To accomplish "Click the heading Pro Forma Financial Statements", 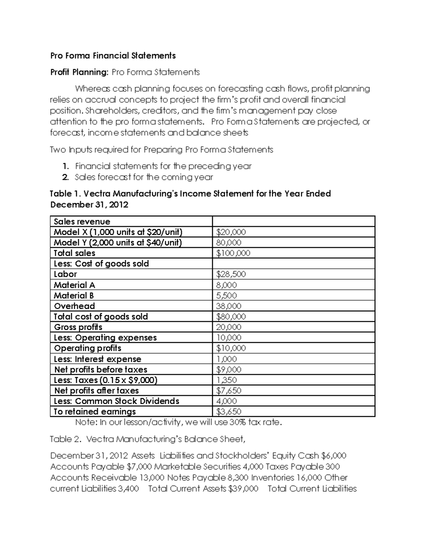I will [113, 56].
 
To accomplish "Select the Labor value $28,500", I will [231, 274].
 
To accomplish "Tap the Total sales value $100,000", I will [233, 253].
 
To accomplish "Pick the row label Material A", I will [74, 285].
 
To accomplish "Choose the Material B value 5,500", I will [226, 296].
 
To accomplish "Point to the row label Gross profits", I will [78, 327].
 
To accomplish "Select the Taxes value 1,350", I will [226, 380].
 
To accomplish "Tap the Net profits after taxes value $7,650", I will [228, 391].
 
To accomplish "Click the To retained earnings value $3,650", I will [228, 412].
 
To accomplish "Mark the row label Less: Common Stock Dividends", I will [117, 401].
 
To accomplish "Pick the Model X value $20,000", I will [231, 232].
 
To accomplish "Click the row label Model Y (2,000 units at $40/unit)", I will [118, 243].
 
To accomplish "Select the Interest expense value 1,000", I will [226, 359].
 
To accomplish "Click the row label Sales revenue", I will [82, 222].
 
